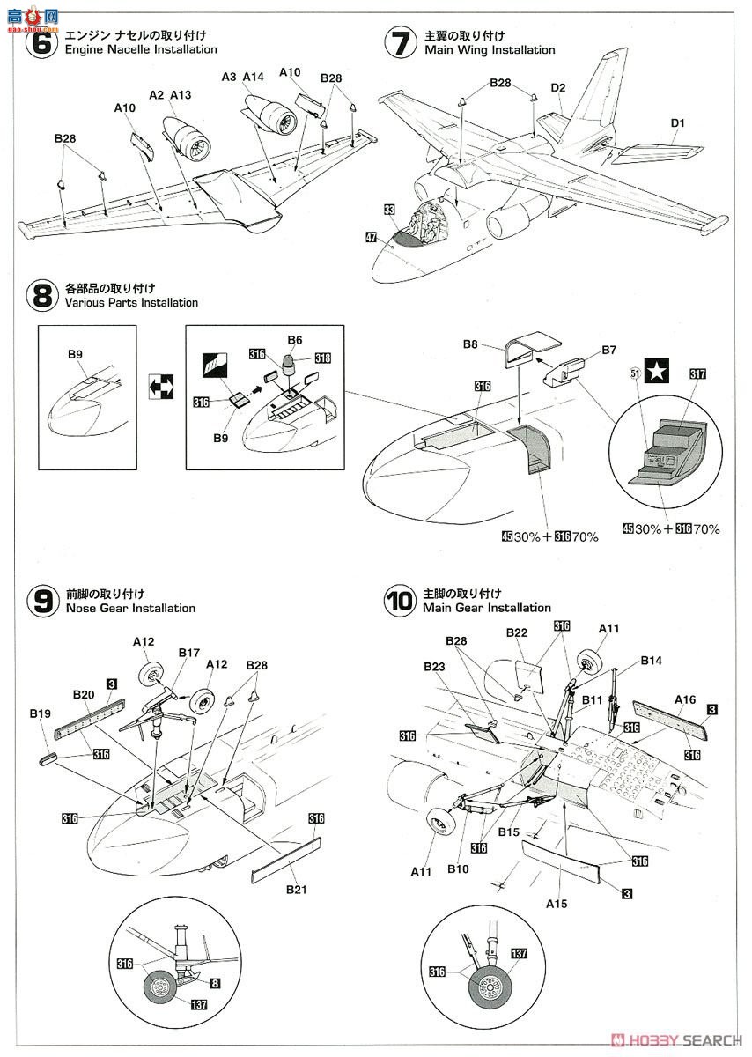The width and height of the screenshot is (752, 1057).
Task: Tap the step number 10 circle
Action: pyautogui.click(x=399, y=601)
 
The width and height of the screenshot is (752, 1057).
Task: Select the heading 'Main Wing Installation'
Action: pyautogui.click(x=490, y=50)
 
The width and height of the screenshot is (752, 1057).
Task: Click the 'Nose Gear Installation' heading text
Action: pyautogui.click(x=130, y=608)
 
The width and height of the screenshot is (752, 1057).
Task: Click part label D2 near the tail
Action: pyautogui.click(x=557, y=87)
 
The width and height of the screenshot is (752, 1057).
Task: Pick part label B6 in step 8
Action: pyautogui.click(x=295, y=339)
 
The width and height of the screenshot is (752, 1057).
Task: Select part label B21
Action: pyautogui.click(x=295, y=890)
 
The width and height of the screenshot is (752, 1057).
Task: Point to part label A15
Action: pyautogui.click(x=556, y=904)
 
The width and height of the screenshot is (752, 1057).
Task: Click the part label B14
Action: pyautogui.click(x=652, y=661)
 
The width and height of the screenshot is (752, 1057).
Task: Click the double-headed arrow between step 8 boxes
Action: pyautogui.click(x=162, y=386)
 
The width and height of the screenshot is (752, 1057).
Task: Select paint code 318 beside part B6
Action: pyautogui.click(x=322, y=358)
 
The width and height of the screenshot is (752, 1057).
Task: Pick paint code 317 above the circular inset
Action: pyautogui.click(x=699, y=374)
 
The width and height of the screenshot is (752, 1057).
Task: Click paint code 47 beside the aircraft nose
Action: pyautogui.click(x=372, y=237)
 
